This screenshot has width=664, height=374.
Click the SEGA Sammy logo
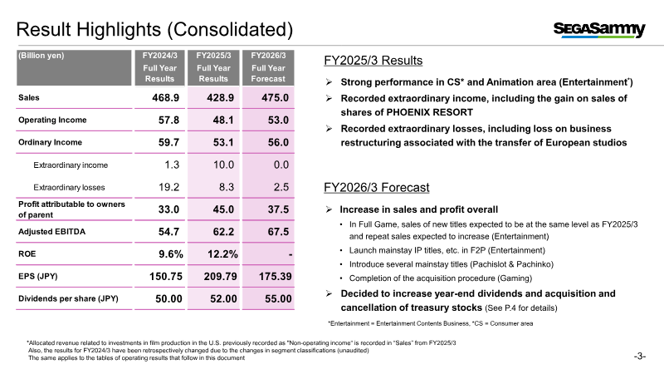click(599, 30)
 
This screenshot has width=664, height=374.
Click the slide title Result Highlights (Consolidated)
click(155, 30)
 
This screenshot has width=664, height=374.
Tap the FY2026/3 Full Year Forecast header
click(269, 67)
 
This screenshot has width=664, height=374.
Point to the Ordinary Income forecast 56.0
click(273, 142)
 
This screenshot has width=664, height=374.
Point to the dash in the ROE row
click(286, 253)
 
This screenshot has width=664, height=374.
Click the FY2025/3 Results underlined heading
click(373, 61)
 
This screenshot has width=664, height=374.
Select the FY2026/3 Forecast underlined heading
click(377, 188)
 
